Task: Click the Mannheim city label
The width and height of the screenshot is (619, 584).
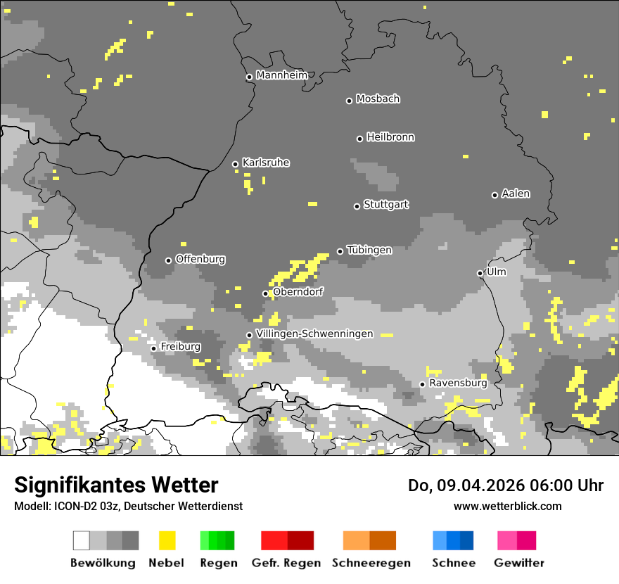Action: coord(281,75)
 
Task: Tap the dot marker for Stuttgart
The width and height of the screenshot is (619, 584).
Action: coord(357,206)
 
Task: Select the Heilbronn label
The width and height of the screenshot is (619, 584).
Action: coord(390,137)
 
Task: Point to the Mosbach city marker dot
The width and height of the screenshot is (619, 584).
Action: coord(349,101)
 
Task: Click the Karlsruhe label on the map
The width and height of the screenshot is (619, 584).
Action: coord(266,163)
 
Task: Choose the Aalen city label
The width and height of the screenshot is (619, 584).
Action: coord(516,193)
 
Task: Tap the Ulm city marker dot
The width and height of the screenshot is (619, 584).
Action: coord(480,273)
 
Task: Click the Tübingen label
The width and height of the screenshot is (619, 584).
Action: coord(369,250)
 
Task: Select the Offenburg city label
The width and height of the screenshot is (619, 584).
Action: coord(200,259)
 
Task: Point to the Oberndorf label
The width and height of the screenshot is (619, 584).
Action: coord(298,291)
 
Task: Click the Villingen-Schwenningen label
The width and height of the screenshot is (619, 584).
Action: coord(314,334)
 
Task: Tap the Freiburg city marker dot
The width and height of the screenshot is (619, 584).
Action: coord(153,348)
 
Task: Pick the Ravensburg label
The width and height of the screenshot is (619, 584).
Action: coord(458,383)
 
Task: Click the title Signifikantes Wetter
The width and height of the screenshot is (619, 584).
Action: coord(116,485)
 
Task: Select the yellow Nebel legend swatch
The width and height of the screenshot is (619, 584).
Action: coord(167,540)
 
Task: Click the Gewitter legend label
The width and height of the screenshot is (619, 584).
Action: coord(519,563)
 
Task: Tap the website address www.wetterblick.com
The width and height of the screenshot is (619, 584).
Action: coord(507,506)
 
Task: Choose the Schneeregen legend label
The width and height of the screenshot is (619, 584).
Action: coord(371,563)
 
